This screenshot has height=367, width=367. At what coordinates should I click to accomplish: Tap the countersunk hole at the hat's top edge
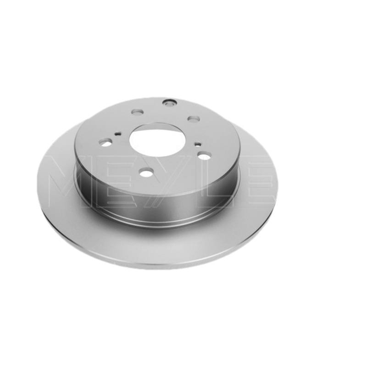tap(169, 102)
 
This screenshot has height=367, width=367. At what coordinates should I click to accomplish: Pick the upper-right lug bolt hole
tap(193, 119)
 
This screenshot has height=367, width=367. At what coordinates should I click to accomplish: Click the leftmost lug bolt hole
tap(106, 142)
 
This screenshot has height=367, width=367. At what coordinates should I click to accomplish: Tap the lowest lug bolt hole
tap(146, 173)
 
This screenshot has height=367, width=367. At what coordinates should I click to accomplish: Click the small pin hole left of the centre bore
tap(117, 134)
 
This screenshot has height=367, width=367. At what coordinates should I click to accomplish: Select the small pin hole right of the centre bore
tap(198, 144)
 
